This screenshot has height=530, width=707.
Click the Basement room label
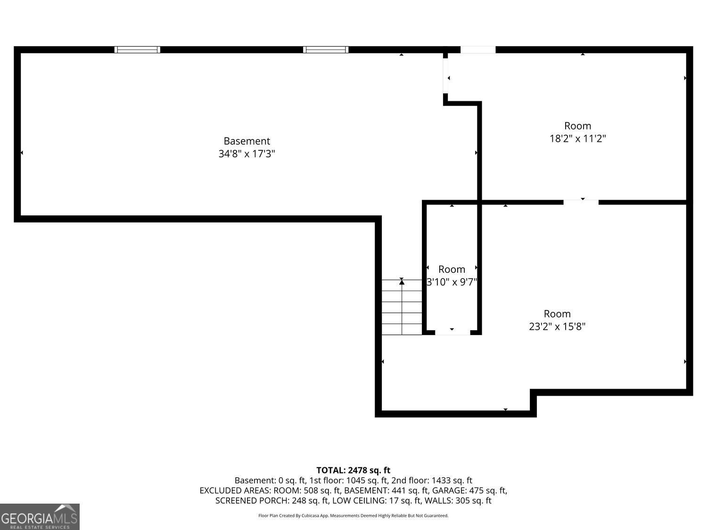pos(247,141)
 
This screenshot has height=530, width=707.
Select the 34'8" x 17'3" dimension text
pos(247,154)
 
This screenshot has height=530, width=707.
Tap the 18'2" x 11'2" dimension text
pos(577,139)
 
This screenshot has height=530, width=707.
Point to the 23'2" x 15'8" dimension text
pos(557,326)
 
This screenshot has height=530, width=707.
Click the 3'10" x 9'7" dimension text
pos(452,282)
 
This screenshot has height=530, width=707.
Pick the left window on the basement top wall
pos(138,49)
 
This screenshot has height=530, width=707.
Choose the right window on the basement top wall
pos(326,49)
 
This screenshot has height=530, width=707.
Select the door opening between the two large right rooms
pos(581,202)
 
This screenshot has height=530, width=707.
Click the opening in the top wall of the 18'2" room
pos(478,49)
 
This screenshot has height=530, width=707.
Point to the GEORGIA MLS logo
pos(40,516)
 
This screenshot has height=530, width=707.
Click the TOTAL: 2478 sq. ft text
pos(353,470)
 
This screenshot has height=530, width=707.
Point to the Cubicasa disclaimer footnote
pos(353,516)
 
